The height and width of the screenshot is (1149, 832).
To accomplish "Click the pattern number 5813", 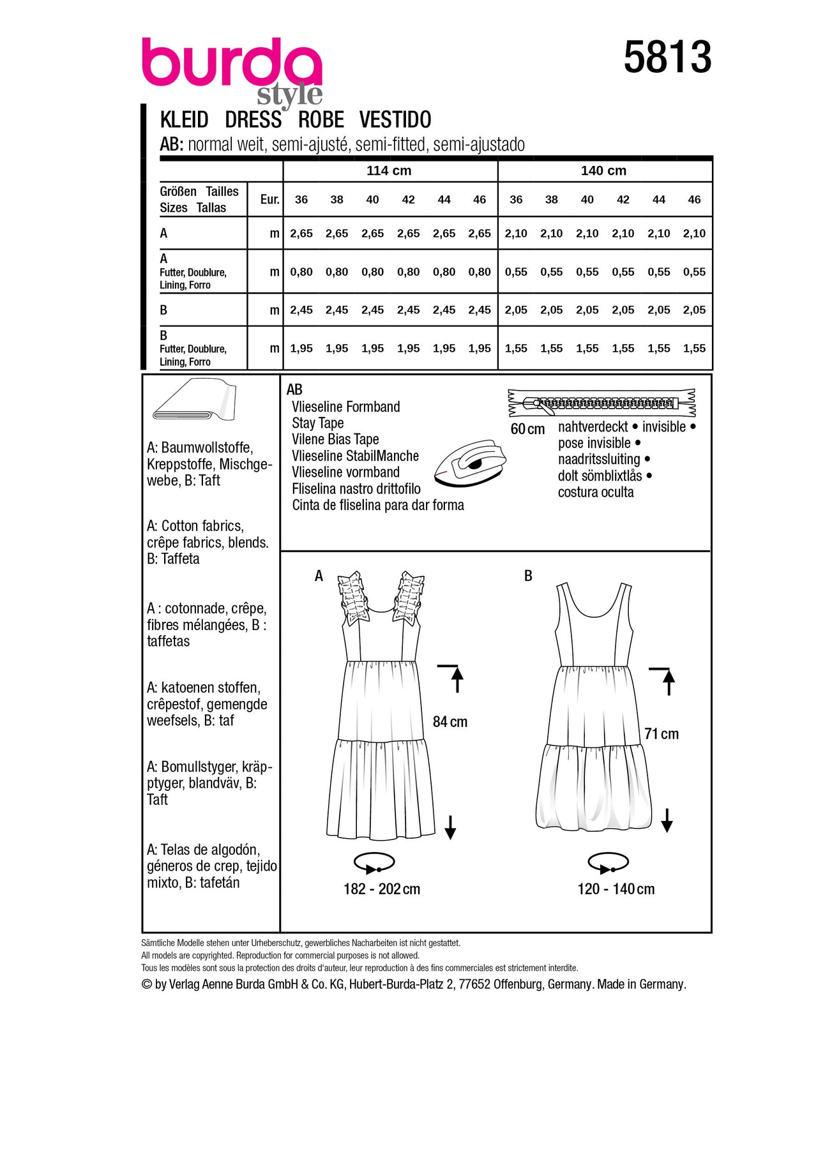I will tap(667, 57).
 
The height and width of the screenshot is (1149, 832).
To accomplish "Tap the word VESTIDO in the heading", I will tap(395, 120).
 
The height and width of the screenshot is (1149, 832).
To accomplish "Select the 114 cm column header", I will tap(389, 171).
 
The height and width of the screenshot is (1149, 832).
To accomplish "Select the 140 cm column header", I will tap(603, 171).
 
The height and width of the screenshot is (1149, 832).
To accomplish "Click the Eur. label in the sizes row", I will tap(269, 200).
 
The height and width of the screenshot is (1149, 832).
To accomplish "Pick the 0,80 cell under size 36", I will tap(301, 272).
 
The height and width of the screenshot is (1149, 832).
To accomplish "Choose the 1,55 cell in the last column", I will tap(694, 349).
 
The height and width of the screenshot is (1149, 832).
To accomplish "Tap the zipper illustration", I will tap(601, 403).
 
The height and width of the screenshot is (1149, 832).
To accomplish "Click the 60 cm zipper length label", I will tap(527, 430).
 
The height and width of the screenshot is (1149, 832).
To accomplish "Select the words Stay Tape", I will tap(317, 423).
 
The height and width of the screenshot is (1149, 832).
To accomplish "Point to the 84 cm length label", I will tap(450, 722).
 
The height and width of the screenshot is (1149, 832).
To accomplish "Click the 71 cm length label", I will tap(662, 734).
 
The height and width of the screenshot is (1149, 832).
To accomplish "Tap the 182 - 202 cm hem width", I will tap(382, 889).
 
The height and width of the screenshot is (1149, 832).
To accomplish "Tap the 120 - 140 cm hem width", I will tap(616, 889).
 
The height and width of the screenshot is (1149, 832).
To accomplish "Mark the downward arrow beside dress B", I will tap(667, 820).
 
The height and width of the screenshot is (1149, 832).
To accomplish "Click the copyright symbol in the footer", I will tap(147, 985).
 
